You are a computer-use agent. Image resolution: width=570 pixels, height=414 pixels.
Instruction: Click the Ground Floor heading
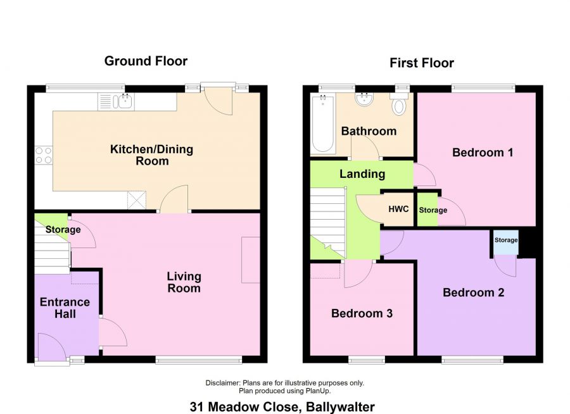tap(146, 61)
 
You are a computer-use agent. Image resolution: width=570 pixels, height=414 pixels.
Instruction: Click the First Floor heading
tap(422, 63)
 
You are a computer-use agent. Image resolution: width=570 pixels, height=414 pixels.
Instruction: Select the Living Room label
tap(184, 282)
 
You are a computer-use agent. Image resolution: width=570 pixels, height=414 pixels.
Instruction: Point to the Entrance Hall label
tap(65, 308)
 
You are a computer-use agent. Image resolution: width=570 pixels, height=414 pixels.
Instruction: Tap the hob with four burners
tap(43, 155)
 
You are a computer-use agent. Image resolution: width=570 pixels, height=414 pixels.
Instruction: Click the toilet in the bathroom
tap(399, 105)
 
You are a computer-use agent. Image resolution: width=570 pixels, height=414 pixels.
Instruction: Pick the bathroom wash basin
tap(365, 99)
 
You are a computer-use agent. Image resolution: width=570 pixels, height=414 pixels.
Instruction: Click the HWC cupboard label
tap(398, 209)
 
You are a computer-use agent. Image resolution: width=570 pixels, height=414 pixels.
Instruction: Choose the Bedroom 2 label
tap(468, 292)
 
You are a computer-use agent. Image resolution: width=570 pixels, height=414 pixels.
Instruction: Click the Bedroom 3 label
tap(362, 313)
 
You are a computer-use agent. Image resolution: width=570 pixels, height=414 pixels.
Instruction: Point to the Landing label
tap(362, 173)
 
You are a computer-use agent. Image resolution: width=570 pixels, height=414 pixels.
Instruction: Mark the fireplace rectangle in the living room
tap(250, 260)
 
